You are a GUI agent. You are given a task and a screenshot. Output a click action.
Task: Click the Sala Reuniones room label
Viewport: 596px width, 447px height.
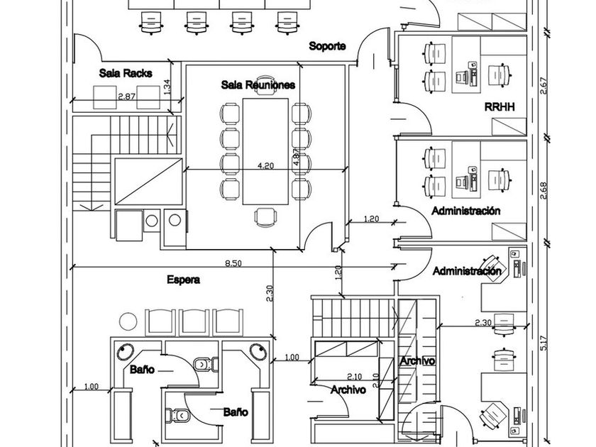pyautogui.click(x=258, y=85)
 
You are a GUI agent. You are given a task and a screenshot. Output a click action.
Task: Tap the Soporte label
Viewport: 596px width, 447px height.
pyautogui.click(x=327, y=46)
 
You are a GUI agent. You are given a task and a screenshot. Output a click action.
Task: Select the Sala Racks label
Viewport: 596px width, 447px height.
pyautogui.click(x=121, y=73)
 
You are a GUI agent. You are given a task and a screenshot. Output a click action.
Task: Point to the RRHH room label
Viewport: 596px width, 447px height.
pyautogui.click(x=500, y=107)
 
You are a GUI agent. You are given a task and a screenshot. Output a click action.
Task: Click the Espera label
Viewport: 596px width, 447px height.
pyautogui.click(x=183, y=280)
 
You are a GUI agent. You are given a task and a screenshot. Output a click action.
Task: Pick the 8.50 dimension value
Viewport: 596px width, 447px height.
pyautogui.click(x=233, y=263)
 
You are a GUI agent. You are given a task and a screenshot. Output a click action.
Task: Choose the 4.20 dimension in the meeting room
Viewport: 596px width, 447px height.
pyautogui.click(x=266, y=166)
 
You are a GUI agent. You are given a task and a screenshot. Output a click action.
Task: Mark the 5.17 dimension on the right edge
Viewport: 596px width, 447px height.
pyautogui.click(x=543, y=345)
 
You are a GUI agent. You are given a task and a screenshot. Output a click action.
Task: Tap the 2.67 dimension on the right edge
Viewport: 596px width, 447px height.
pyautogui.click(x=543, y=85)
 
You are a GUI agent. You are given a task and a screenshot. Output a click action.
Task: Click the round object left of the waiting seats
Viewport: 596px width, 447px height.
pyautogui.click(x=128, y=321)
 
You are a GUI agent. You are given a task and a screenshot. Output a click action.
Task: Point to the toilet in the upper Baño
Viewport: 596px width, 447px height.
pyautogui.click(x=205, y=364)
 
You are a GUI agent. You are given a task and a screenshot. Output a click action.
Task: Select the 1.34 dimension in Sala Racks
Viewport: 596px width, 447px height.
pyautogui.click(x=167, y=87)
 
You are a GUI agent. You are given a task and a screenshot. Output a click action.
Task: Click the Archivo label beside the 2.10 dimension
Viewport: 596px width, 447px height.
pyautogui.click(x=348, y=390)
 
